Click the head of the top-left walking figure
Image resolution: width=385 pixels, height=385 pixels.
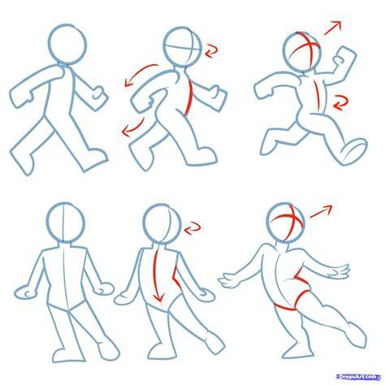(x=67, y=45)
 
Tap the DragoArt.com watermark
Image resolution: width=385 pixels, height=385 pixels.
(x=357, y=377)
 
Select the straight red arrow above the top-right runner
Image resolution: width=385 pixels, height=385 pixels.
(x=332, y=28)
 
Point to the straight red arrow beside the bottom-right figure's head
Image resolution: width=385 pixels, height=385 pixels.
(x=321, y=211)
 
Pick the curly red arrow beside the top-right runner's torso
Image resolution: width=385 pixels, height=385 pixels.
(x=340, y=103)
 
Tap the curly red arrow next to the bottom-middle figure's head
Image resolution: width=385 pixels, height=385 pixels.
(x=192, y=228)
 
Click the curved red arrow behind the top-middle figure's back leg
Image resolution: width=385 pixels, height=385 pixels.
(x=135, y=128)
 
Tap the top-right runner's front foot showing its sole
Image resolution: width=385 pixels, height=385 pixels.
(x=353, y=151)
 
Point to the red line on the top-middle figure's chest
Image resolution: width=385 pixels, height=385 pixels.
(x=189, y=99)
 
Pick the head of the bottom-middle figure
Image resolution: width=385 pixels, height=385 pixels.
(x=162, y=223)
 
